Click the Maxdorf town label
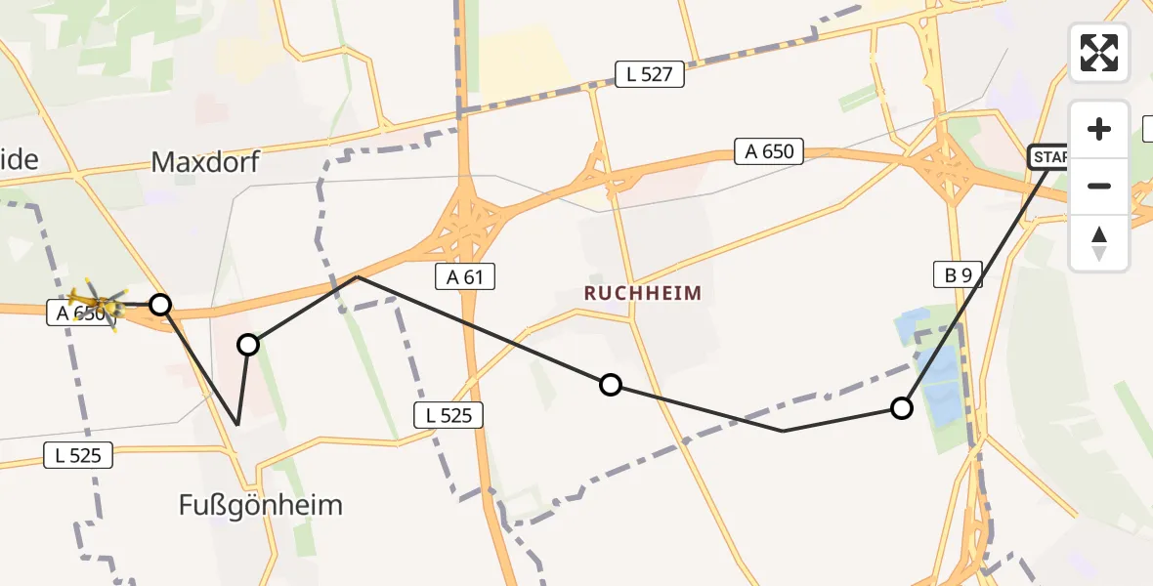pyautogui.click(x=205, y=161)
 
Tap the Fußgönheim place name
pyautogui.click(x=261, y=505)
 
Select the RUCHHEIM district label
pyautogui.click(x=644, y=292)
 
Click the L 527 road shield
pyautogui.click(x=650, y=74)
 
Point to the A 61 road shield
pyautogui.click(x=465, y=277)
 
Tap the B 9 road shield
pyautogui.click(x=957, y=275)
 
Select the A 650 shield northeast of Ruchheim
pyautogui.click(x=770, y=151)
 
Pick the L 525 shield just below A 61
pyautogui.click(x=448, y=415)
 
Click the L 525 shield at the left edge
pyautogui.click(x=78, y=454)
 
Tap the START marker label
pyautogui.click(x=1050, y=157)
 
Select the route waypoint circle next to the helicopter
pyautogui.click(x=160, y=305)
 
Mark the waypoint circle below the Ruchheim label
pyautogui.click(x=611, y=385)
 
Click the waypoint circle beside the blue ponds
pyautogui.click(x=902, y=408)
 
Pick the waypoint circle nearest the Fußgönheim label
pyautogui.click(x=248, y=344)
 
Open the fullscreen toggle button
pyautogui.click(x=1099, y=53)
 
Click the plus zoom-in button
pyautogui.click(x=1099, y=129)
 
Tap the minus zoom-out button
pyautogui.click(x=1099, y=186)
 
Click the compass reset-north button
pyautogui.click(x=1099, y=242)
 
